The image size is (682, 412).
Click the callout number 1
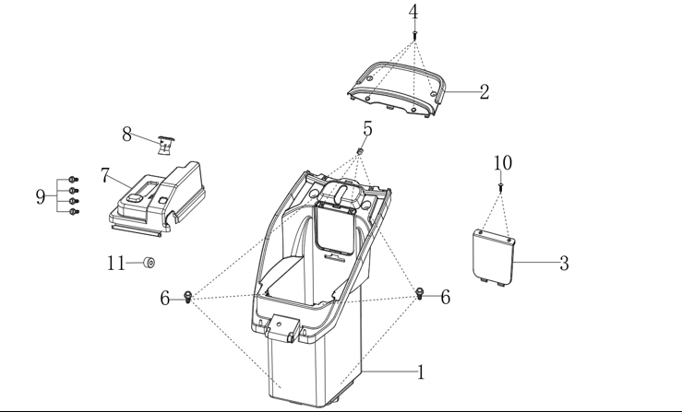tap(421, 372)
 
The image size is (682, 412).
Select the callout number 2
tap(485, 91)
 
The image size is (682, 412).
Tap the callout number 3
tap(564, 264)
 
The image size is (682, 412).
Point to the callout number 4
tap(413, 12)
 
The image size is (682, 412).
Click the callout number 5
tap(367, 129)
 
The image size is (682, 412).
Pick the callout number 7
tap(105, 175)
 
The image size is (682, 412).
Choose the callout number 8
tap(126, 135)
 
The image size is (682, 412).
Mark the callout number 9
tap(41, 197)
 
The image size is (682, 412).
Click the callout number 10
tap(503, 163)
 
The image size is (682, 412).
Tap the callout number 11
tap(116, 263)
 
